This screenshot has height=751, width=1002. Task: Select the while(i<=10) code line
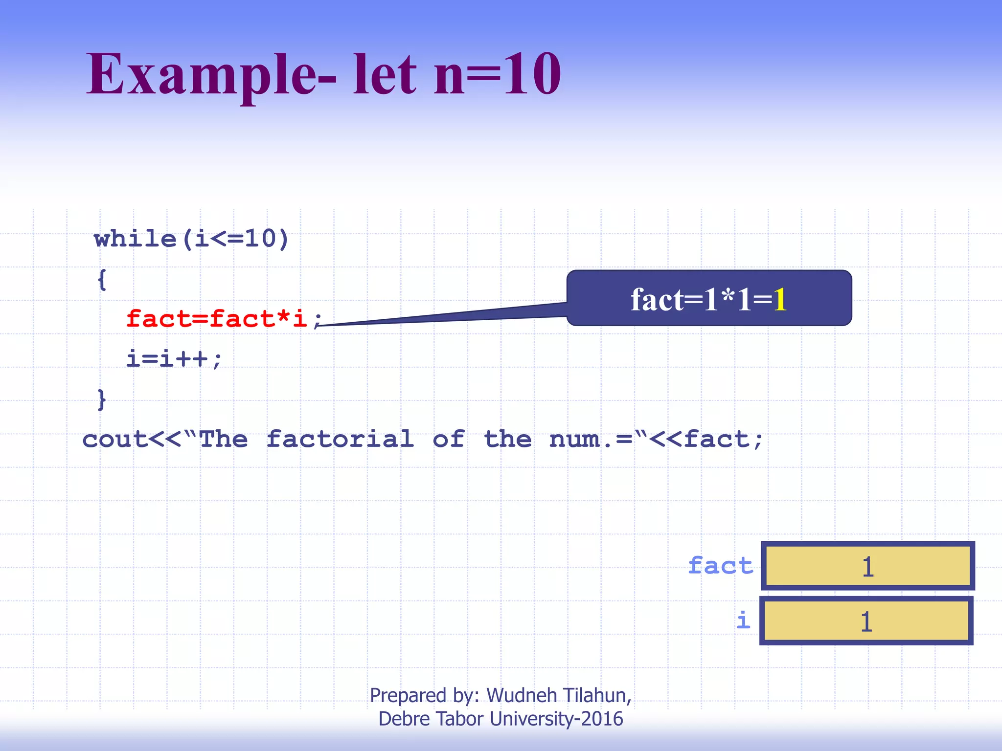coord(191,239)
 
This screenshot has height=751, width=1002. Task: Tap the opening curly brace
coord(102,280)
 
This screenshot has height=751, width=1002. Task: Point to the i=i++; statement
coord(174,359)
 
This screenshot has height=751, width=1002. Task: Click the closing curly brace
coord(102,399)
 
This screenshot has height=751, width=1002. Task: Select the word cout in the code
coord(114,439)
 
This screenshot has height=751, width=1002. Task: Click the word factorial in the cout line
coord(340,439)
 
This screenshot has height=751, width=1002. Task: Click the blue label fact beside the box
coord(720,566)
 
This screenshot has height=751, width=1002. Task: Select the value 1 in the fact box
coord(868,567)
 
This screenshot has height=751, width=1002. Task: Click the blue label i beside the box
coord(743,620)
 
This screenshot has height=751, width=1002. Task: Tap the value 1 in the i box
coord(866,621)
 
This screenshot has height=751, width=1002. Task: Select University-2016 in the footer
coord(556,719)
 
